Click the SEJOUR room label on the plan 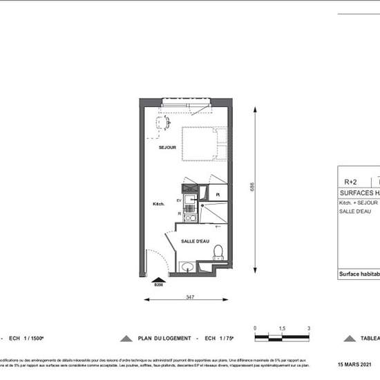tap(167, 148)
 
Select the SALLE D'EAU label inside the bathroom tap(196, 241)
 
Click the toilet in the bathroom tap(218, 251)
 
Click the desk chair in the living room tap(164, 124)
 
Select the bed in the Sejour tap(205, 144)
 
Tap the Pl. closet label tap(217, 196)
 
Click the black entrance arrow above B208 tap(158, 278)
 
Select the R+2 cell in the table tap(351, 182)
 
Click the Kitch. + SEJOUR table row tap(358, 203)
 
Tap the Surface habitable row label tap(359, 274)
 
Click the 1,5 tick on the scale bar tap(282, 328)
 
